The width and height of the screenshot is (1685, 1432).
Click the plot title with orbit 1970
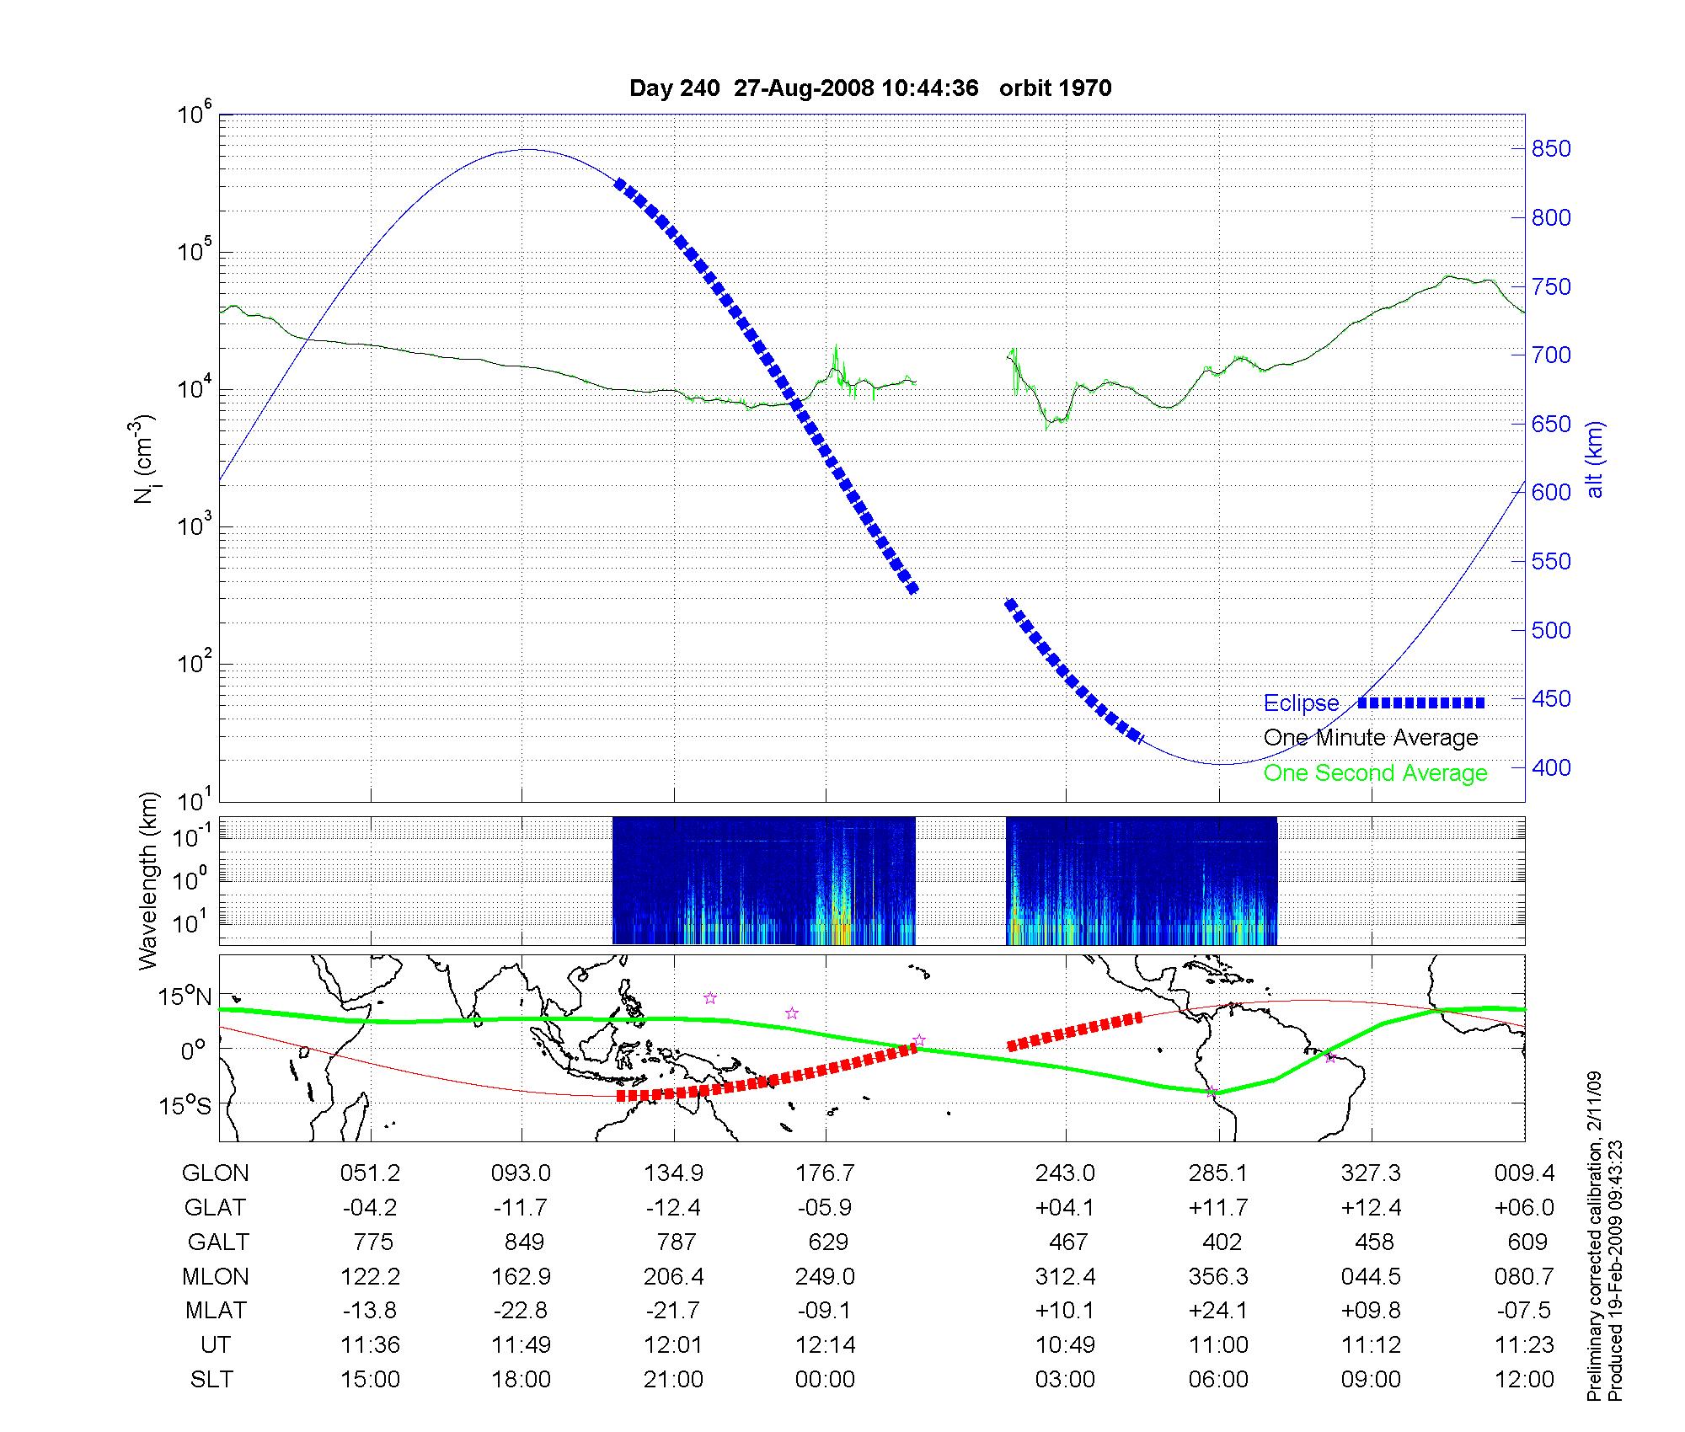(870, 88)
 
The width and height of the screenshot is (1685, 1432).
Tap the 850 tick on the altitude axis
(1551, 149)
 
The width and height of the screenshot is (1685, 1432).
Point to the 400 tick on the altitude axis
(1551, 768)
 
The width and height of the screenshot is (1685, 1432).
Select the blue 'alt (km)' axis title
(1595, 459)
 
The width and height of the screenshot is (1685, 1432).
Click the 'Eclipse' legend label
(1301, 703)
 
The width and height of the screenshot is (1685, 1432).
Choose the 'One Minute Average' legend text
(1371, 738)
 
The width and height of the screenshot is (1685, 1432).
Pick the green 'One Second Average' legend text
(1375, 773)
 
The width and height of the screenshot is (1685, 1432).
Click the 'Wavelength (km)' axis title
(148, 881)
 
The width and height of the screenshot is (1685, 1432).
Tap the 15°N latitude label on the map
(185, 997)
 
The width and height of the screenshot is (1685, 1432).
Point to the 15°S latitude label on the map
(185, 1104)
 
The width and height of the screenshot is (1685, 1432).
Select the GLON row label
(216, 1173)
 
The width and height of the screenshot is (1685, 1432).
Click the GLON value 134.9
(673, 1173)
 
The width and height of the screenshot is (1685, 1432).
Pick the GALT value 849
(524, 1242)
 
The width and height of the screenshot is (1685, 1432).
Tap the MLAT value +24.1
(1218, 1311)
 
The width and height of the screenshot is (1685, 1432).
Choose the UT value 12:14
(826, 1345)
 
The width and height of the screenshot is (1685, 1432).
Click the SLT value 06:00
(1218, 1380)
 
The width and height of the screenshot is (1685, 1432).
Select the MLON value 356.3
(1218, 1277)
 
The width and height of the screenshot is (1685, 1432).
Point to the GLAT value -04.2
(370, 1208)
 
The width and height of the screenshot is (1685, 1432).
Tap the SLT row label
(211, 1380)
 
